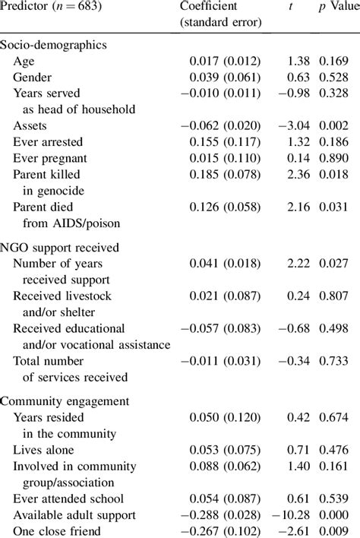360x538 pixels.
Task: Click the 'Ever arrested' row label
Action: point(48,142)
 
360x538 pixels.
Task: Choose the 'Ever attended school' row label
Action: point(67,498)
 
